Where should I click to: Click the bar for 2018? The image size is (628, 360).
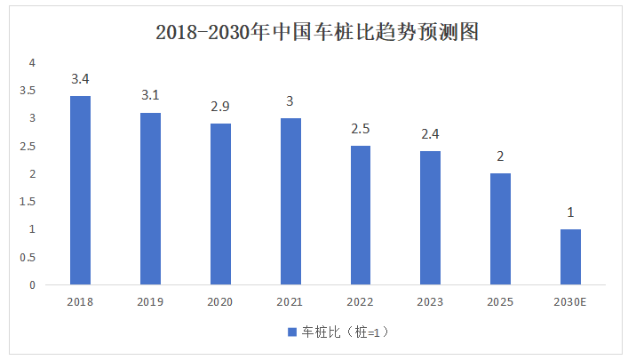coord(80,190)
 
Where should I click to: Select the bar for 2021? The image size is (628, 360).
coord(290,202)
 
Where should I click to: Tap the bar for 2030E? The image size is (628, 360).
coord(570,257)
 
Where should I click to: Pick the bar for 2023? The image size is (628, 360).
coord(430,218)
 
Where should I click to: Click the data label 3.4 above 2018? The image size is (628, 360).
coord(80,79)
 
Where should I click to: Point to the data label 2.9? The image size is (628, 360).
coord(220,107)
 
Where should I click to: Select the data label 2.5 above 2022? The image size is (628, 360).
coord(361,129)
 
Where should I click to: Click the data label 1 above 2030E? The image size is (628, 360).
coord(570,212)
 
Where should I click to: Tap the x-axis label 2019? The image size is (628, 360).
coord(150,302)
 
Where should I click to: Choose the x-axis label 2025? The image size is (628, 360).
coord(500,302)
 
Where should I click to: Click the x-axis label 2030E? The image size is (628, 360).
coord(570,302)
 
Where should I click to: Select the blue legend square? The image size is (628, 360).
coord(290,332)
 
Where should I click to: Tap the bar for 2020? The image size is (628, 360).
coord(220,204)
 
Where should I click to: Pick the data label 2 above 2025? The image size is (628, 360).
coord(500,156)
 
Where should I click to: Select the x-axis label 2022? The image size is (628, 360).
coord(361,302)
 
